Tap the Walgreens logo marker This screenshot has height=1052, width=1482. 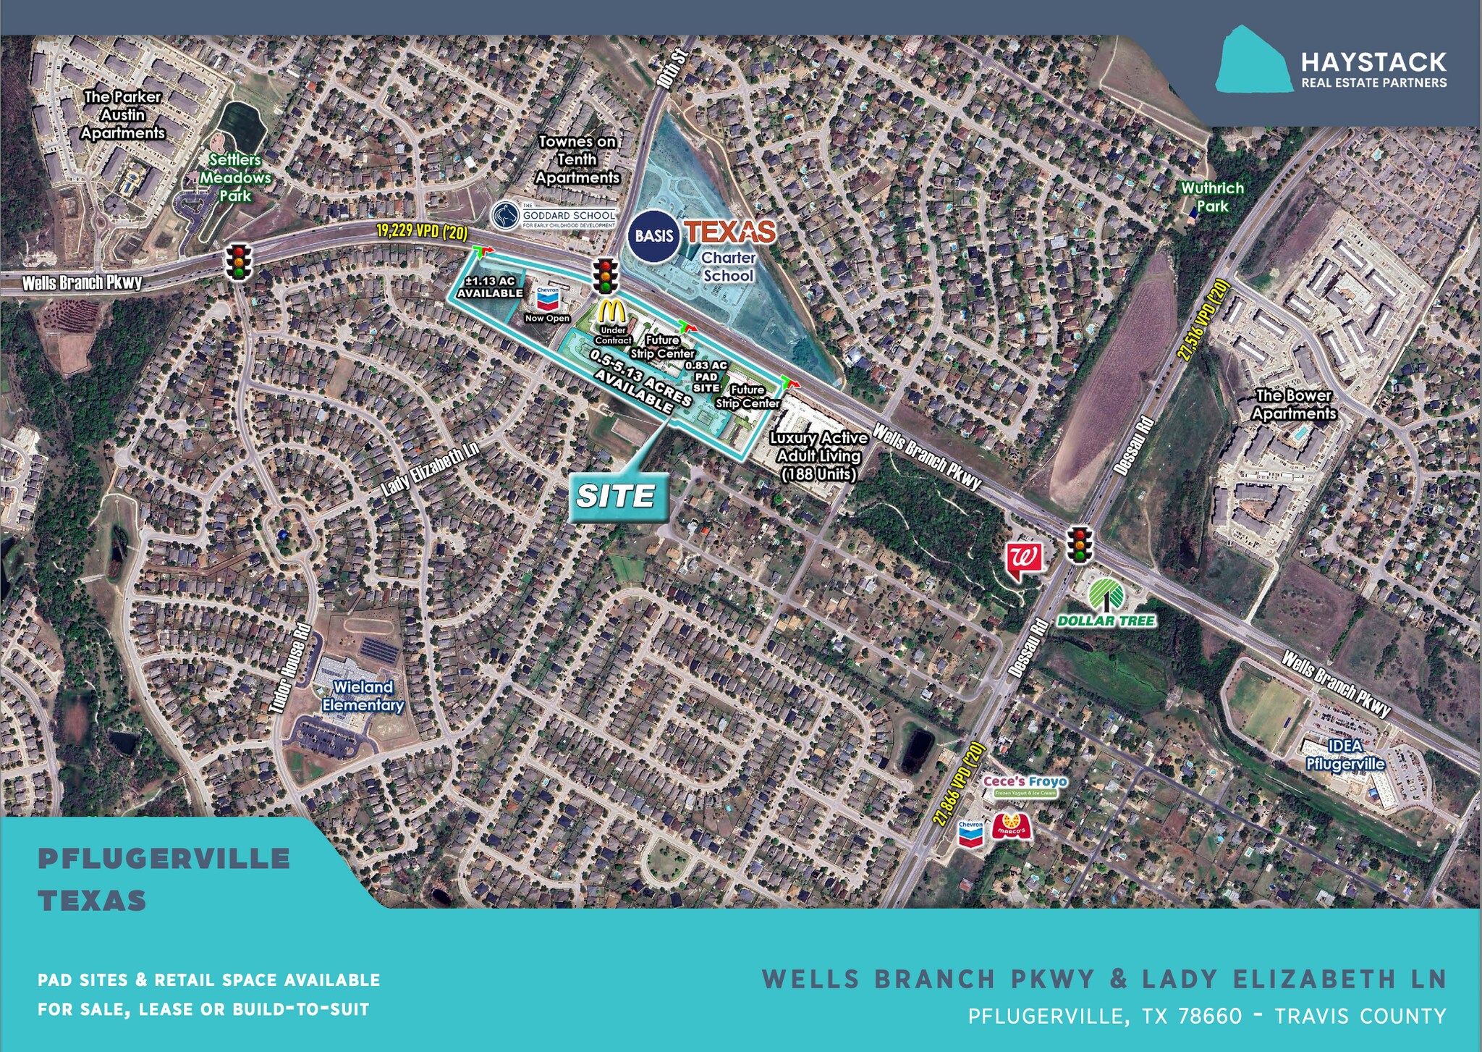pyautogui.click(x=1025, y=560)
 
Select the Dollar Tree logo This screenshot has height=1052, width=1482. pyautogui.click(x=1106, y=602)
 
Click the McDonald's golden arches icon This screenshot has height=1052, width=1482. pyautogui.click(x=612, y=311)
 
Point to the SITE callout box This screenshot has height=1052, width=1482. pyautogui.click(x=617, y=497)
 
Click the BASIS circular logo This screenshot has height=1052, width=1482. pyautogui.click(x=653, y=235)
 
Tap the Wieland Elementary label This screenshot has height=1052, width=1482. pyautogui.click(x=363, y=696)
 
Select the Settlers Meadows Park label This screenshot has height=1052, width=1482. pyautogui.click(x=235, y=177)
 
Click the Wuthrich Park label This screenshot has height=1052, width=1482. pyautogui.click(x=1212, y=197)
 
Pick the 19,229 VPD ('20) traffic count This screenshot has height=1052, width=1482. pyautogui.click(x=422, y=232)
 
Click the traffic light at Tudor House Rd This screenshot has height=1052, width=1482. pyautogui.click(x=237, y=261)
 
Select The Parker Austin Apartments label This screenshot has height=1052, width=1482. pyautogui.click(x=122, y=115)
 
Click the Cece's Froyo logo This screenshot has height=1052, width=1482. pyautogui.click(x=1025, y=785)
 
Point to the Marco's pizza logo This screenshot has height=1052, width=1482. pyautogui.click(x=1011, y=827)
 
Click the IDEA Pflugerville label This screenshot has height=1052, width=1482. pyautogui.click(x=1345, y=755)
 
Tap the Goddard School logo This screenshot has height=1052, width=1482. pyautogui.click(x=554, y=215)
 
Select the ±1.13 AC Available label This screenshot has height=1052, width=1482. pyautogui.click(x=490, y=287)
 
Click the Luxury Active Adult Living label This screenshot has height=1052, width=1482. pyautogui.click(x=818, y=456)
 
